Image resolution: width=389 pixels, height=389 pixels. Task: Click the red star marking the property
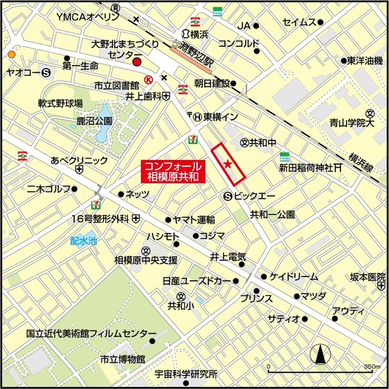coord(228,164)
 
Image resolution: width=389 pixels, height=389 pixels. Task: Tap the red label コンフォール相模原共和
coord(173,171)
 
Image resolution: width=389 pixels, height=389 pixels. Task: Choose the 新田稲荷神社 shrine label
coord(304,167)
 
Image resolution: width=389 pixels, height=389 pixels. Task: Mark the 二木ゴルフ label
coord(49,190)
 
